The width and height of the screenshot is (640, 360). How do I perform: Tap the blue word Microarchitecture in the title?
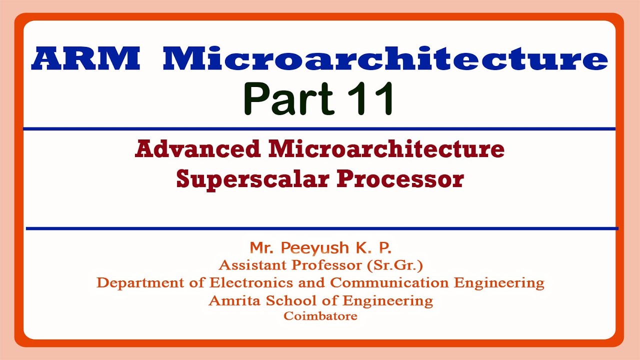tap(385, 58)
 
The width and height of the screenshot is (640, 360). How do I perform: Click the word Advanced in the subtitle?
tap(198, 149)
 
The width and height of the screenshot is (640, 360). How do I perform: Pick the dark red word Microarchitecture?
tap(386, 149)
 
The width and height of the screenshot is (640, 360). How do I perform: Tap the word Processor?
tap(400, 179)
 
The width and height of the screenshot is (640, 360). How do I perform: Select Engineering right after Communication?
tap(499, 283)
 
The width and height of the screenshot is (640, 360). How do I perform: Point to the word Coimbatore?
tap(320, 316)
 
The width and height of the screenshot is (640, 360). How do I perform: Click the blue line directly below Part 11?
tap(320, 129)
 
